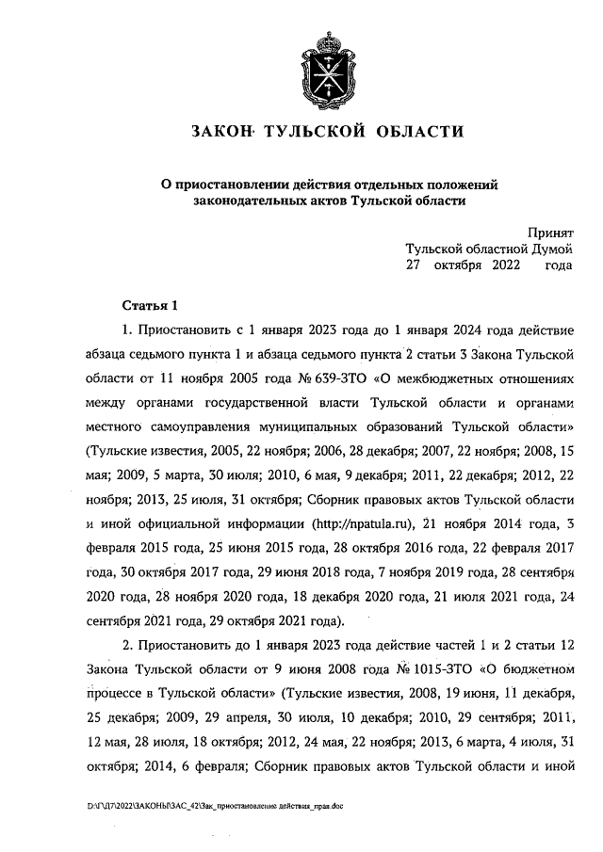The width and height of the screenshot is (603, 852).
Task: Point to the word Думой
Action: pos(546,249)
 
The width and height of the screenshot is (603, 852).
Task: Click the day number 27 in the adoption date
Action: pos(414,266)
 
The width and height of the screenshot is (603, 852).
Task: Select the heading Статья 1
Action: pos(150,306)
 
